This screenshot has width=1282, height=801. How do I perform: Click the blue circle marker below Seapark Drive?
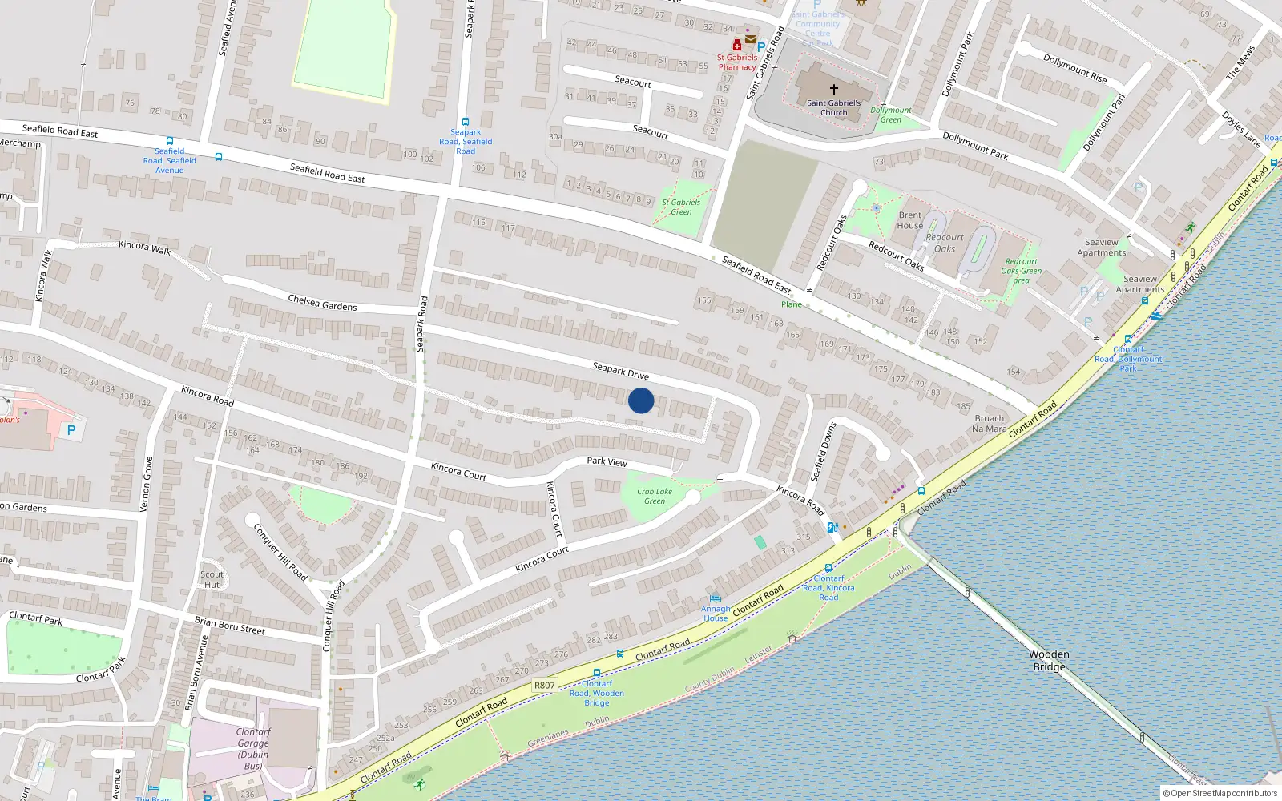tap(641, 400)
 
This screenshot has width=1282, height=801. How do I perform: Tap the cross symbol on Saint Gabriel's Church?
tap(833, 90)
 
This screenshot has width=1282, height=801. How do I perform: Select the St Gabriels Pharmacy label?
tap(737, 62)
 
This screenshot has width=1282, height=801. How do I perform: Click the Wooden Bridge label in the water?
tap(1049, 661)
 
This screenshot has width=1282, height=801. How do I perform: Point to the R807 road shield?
tap(544, 685)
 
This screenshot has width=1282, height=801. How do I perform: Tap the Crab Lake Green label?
tap(655, 497)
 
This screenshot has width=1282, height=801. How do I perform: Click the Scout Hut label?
tap(212, 579)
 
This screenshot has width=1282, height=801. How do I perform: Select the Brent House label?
tap(909, 220)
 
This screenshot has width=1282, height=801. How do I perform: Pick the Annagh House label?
tap(716, 614)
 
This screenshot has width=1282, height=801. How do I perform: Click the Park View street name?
tap(607, 461)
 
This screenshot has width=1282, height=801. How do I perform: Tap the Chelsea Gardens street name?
tap(322, 302)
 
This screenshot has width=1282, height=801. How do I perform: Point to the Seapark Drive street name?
tap(620, 371)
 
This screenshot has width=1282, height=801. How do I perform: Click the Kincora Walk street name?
tap(144, 247)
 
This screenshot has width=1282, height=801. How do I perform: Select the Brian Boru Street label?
tap(229, 626)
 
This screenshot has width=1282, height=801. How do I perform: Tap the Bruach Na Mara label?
tap(989, 424)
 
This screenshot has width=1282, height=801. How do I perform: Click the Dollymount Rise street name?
tap(1074, 68)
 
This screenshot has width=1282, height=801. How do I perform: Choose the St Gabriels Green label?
tap(681, 207)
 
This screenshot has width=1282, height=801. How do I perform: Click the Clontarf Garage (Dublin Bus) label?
tap(253, 748)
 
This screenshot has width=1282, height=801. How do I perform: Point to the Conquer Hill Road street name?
tap(280, 551)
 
